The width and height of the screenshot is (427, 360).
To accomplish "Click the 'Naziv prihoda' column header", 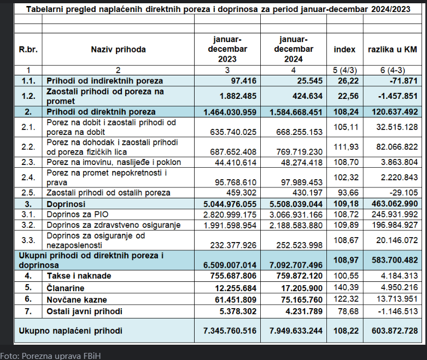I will coord(118,49).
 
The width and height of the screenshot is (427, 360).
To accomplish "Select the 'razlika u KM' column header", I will coord(392,49).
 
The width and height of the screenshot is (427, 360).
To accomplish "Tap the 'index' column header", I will coord(344,49).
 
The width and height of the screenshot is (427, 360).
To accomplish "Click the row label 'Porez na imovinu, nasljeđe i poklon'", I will coord(114,162).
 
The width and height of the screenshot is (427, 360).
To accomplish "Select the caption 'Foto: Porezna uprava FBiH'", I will coord(51,356).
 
